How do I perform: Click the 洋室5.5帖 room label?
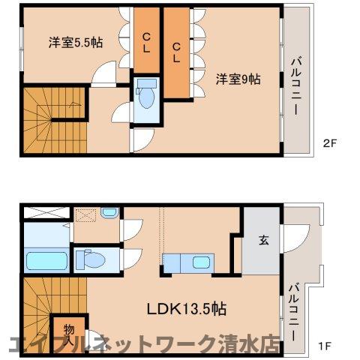(76, 43)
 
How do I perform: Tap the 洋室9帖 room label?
(239, 79)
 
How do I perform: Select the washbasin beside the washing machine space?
(109, 213)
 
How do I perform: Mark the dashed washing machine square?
(85, 214)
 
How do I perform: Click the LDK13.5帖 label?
(187, 308)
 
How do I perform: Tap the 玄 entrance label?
(264, 241)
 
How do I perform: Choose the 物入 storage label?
(68, 331)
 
